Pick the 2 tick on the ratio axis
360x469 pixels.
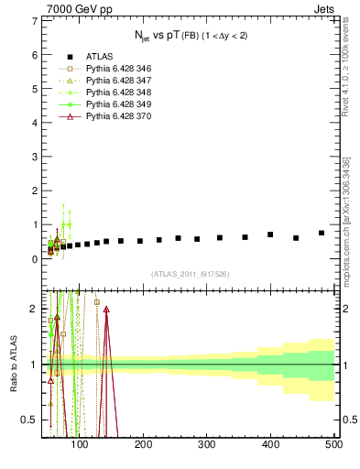click(35, 309)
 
